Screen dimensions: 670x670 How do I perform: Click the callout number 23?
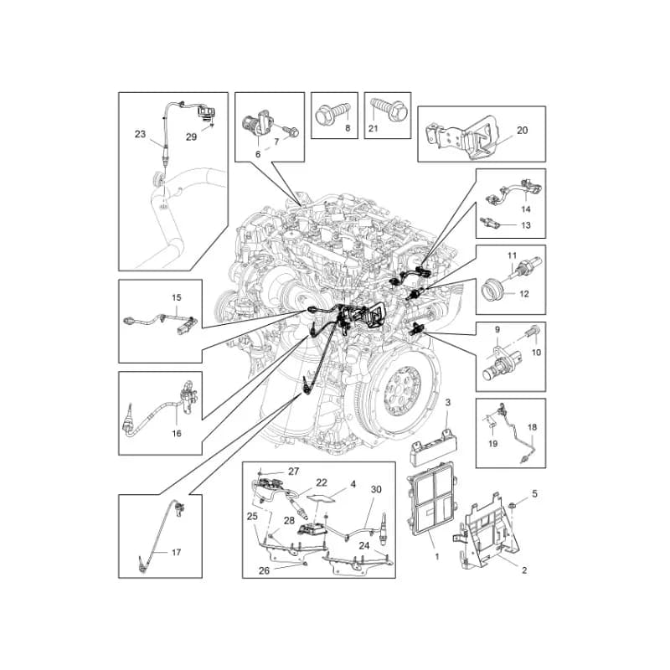pos(140,134)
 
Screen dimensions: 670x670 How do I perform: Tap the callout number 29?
pos(192,137)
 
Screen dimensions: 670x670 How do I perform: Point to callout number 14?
pos(526,209)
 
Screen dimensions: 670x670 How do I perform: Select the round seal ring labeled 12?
pos(493,289)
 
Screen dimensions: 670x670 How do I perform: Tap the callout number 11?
pos(512,255)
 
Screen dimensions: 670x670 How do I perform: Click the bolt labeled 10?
pos(533,332)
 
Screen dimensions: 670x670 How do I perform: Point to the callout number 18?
pos(532,427)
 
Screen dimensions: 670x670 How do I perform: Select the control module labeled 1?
pos(432,500)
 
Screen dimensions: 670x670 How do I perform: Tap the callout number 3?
pos(447,402)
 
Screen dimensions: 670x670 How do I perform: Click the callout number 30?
pos(375,489)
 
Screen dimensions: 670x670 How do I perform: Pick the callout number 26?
pos(264,570)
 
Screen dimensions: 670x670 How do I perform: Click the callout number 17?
pos(176,552)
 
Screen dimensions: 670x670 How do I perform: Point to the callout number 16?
pos(177,433)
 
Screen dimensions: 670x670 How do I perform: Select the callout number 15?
pos(177,297)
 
